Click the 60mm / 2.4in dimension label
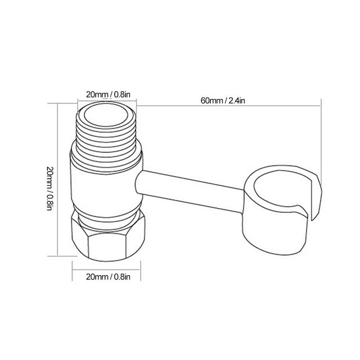223,101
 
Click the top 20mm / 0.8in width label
108,94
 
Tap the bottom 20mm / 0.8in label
108,277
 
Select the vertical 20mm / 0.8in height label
50,188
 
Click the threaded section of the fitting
106,138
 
